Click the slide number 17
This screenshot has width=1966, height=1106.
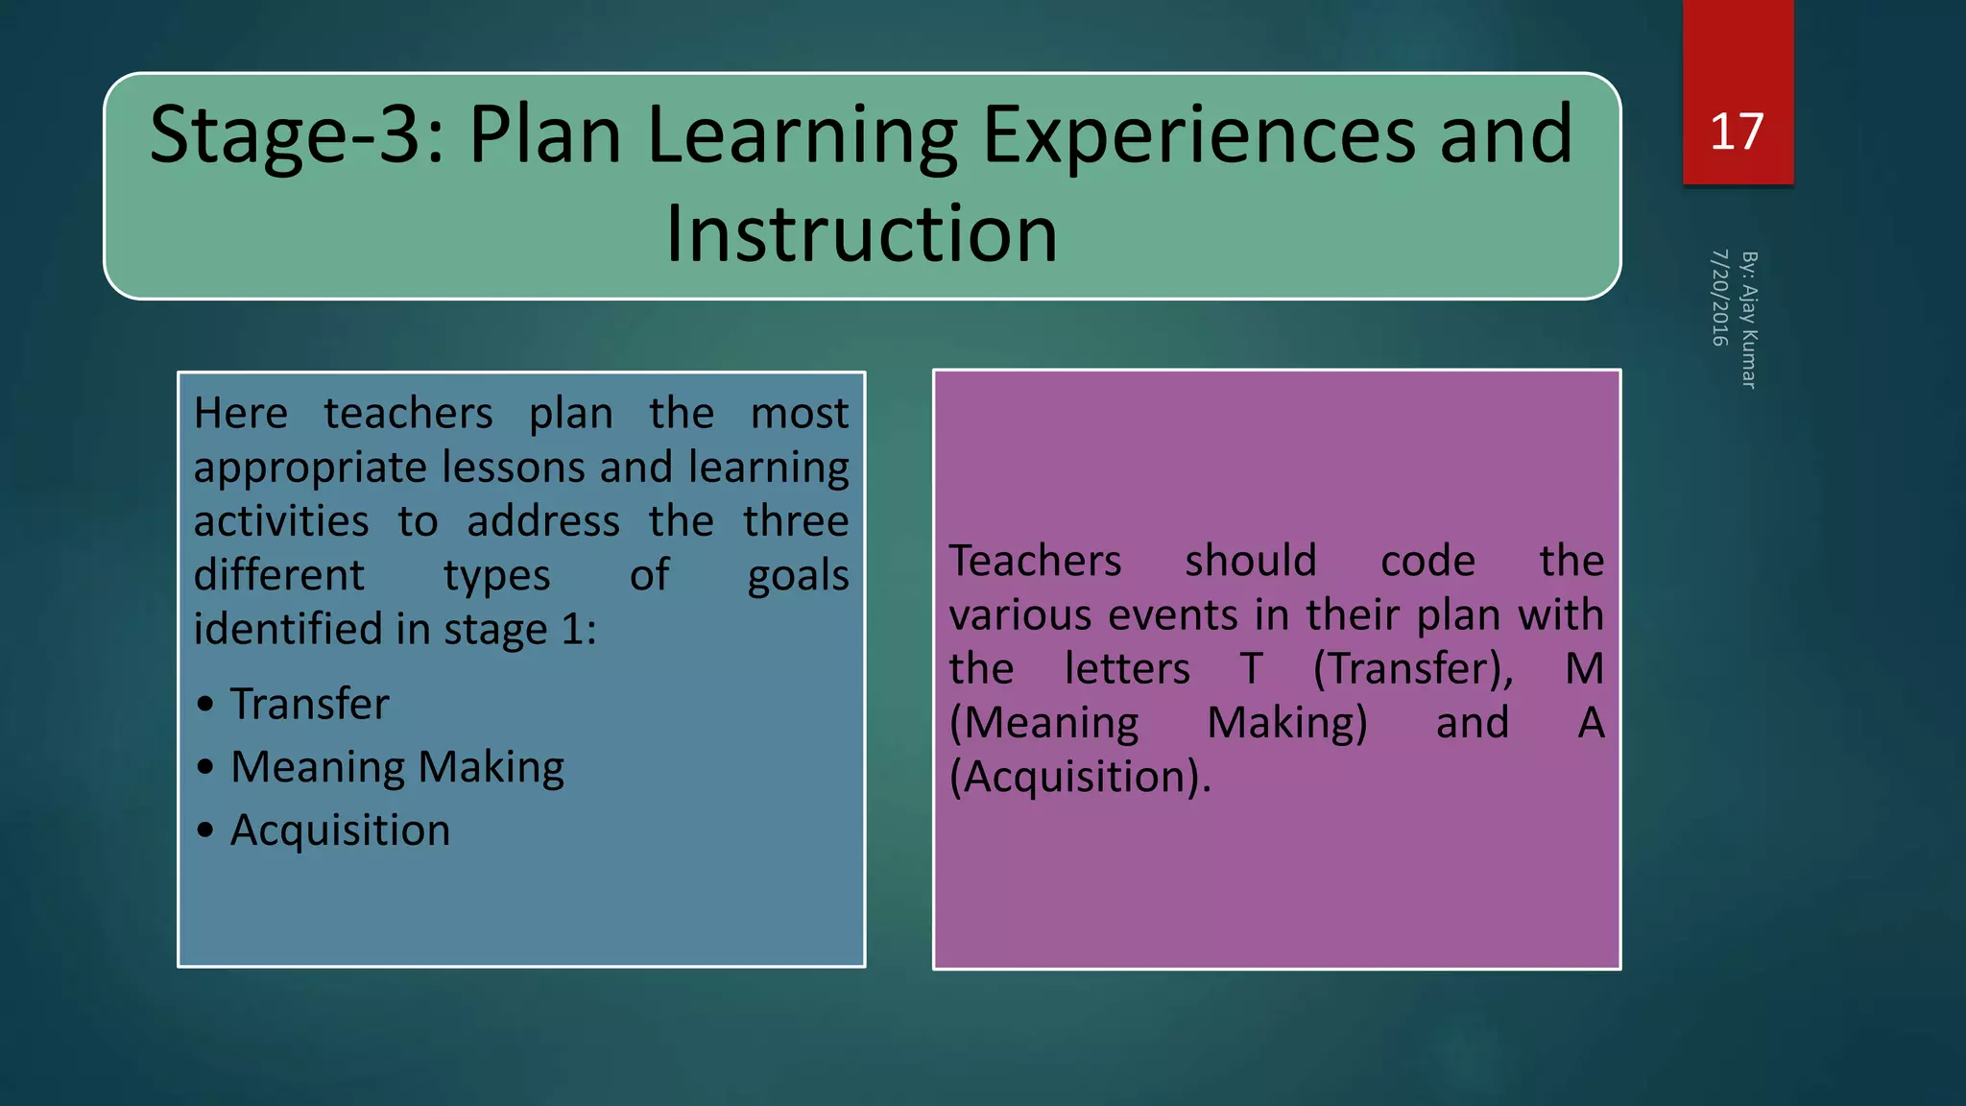(1737, 132)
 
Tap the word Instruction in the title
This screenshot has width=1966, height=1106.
(861, 233)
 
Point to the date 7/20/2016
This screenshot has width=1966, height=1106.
(1719, 298)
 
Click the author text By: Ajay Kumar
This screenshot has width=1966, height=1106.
(1749, 320)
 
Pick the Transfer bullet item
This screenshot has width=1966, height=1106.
(309, 704)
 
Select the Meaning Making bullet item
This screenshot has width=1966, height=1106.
(396, 767)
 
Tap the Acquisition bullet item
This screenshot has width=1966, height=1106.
(340, 830)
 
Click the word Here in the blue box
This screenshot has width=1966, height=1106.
(240, 414)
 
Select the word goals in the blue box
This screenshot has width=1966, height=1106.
(798, 576)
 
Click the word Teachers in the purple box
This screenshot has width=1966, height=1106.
(1035, 561)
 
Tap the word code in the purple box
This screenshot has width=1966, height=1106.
(1427, 561)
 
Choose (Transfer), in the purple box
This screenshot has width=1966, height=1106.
(1413, 669)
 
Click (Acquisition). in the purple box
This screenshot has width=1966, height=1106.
(1080, 777)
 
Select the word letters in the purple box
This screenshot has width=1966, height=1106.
(1127, 669)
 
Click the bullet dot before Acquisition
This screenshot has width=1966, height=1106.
(205, 830)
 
